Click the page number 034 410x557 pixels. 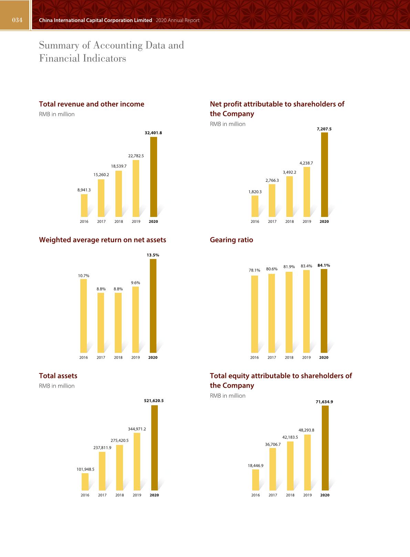click(x=17, y=20)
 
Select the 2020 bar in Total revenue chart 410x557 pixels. click(x=153, y=177)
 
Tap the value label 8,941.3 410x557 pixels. click(x=84, y=190)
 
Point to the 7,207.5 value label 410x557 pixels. click(x=324, y=129)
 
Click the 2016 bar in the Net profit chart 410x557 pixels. click(x=255, y=206)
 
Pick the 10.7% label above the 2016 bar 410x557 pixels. click(x=83, y=276)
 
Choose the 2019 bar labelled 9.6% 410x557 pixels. click(x=135, y=319)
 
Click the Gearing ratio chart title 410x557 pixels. click(x=231, y=240)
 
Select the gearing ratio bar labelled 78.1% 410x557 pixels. click(x=254, y=314)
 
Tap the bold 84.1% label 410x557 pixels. click(x=324, y=265)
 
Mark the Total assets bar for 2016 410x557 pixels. click(x=85, y=481)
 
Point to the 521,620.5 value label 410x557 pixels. click(x=154, y=400)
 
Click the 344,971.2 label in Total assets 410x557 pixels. click(x=137, y=429)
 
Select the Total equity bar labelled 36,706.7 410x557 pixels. click(x=273, y=469)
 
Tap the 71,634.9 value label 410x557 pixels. click(x=324, y=402)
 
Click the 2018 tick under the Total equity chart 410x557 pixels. click(x=290, y=495)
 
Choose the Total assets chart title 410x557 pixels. click(x=58, y=376)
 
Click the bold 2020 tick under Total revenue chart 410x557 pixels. click(x=153, y=221)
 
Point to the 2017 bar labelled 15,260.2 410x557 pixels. click(x=101, y=198)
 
